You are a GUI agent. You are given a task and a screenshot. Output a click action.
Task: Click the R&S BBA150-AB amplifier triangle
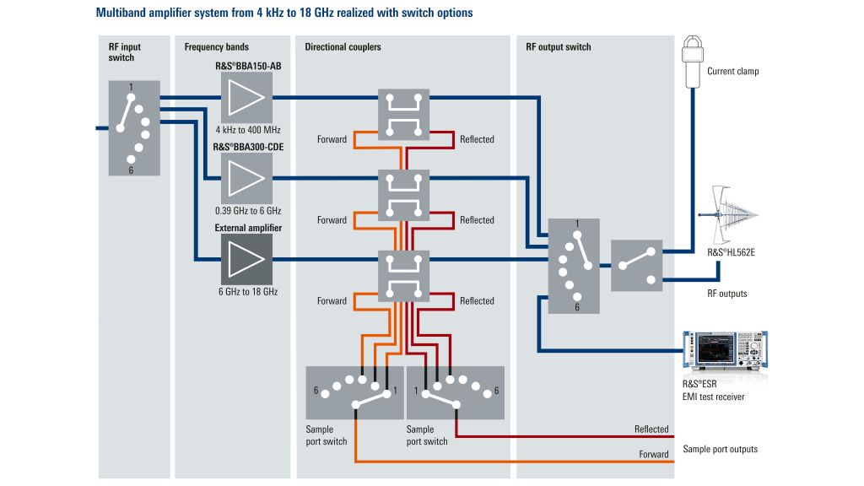(x=246, y=97)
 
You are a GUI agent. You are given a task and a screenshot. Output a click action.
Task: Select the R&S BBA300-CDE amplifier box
(x=246, y=178)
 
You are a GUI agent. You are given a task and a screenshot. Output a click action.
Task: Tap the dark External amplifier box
(x=246, y=259)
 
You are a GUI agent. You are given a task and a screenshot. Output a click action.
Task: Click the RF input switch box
(x=134, y=128)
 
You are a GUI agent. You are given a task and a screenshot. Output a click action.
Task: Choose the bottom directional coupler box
(x=403, y=276)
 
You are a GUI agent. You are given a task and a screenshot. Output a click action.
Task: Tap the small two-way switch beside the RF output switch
(x=636, y=265)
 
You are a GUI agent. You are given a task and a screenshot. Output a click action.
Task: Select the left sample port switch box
(x=354, y=392)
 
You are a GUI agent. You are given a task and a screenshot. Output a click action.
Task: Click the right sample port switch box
(x=455, y=392)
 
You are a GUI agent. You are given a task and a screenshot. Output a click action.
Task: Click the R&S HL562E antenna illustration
(x=729, y=214)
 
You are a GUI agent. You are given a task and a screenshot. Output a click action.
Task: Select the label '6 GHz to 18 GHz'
(x=247, y=292)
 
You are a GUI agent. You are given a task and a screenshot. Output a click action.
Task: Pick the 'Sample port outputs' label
(x=720, y=449)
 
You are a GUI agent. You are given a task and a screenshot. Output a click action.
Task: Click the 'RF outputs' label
(x=726, y=294)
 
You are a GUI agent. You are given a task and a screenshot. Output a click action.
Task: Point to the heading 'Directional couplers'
(x=343, y=47)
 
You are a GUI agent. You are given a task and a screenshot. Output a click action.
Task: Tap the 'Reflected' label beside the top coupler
(x=477, y=139)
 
